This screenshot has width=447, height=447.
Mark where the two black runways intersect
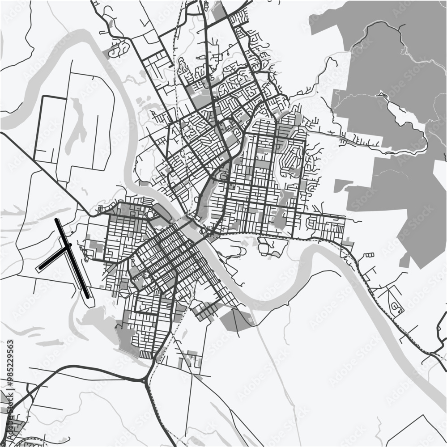(68, 246)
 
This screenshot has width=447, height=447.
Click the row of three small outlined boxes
(369, 255)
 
